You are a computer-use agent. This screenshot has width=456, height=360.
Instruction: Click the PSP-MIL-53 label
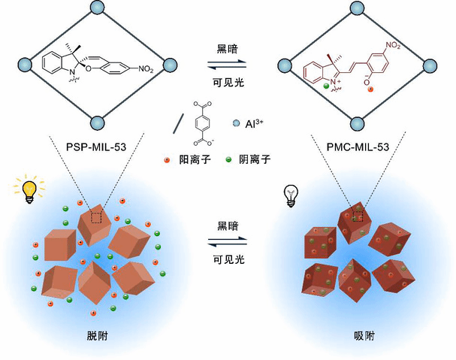click(95, 147)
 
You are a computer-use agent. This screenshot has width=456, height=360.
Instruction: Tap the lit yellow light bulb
click(29, 192)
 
